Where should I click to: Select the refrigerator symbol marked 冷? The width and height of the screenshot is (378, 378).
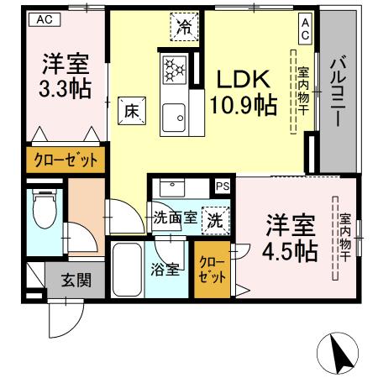[184, 26]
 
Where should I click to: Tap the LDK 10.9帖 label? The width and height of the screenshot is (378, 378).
[243, 92]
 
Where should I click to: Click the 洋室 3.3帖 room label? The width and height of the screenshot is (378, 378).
[66, 73]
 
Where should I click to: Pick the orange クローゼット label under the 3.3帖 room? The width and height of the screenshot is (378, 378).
[65, 160]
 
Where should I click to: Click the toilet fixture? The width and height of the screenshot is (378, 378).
[41, 210]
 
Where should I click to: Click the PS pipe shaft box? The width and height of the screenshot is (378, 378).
[223, 186]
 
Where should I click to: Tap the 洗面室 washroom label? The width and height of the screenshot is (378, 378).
[175, 218]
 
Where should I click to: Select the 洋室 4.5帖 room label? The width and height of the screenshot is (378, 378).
[291, 237]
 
